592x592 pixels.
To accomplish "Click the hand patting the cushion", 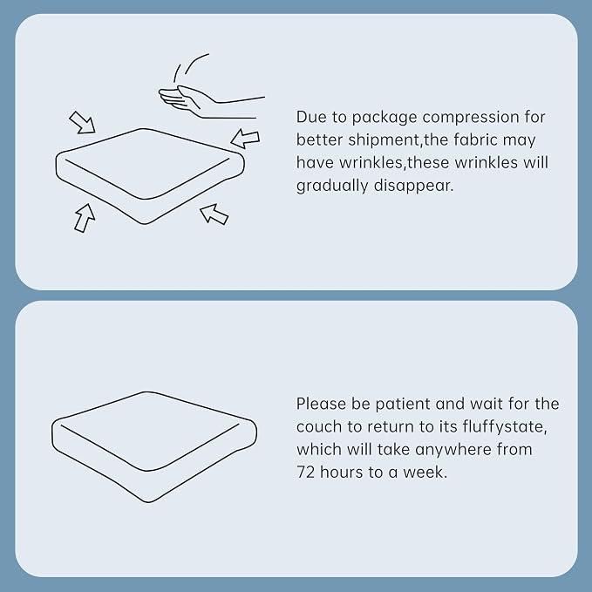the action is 204,102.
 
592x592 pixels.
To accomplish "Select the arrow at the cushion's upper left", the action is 83,123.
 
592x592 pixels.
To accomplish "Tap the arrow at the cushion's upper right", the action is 245,139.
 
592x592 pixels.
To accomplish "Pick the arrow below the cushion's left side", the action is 85,218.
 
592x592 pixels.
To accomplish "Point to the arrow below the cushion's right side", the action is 214,214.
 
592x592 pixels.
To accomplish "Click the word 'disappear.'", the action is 413,186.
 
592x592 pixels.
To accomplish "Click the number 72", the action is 305,473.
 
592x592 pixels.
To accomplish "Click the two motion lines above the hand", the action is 191,67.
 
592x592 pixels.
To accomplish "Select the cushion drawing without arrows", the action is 154,447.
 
